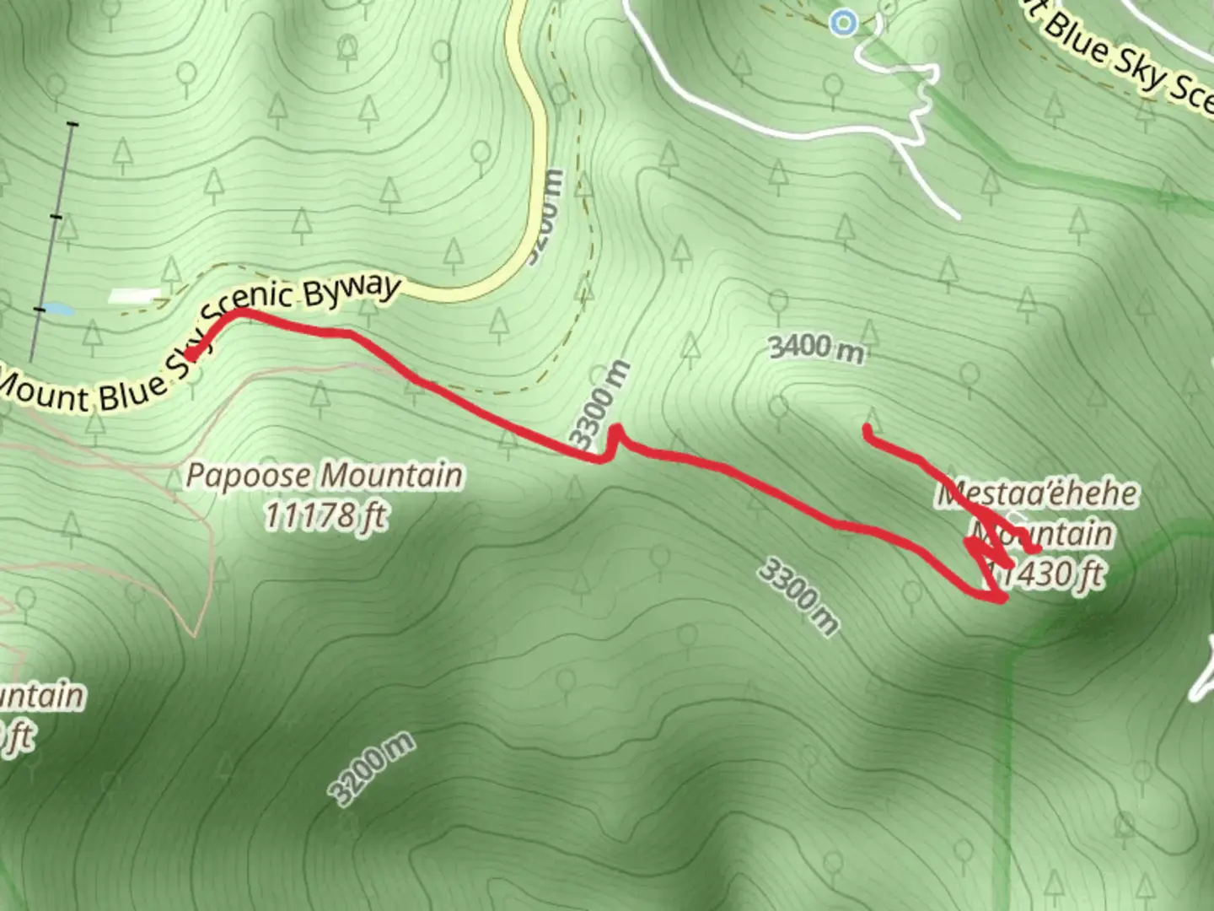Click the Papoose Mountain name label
tap(324, 475)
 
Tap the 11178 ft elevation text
tap(324, 514)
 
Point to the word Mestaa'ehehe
tap(1036, 494)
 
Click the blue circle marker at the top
tap(841, 23)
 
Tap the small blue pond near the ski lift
tap(57, 310)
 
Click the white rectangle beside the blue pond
tap(134, 295)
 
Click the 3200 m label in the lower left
tap(373, 768)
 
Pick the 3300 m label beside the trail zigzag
tap(601, 406)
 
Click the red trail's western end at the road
tap(192, 357)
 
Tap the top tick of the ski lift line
tap(73, 126)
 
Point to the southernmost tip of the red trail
tap(1001, 600)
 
